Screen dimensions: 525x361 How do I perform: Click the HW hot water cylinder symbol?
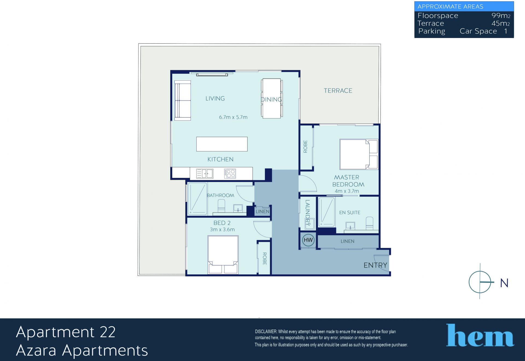pos(308,240)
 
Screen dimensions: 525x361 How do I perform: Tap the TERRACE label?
pos(338,91)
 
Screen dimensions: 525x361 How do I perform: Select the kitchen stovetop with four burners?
pos(230,174)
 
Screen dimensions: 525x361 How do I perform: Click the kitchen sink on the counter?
pos(205,174)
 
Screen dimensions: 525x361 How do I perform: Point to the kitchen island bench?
pos(222,144)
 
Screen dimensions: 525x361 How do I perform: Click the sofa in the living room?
pos(183,101)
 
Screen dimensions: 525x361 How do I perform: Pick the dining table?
pos(272,98)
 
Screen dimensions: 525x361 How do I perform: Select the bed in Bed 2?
pos(223,255)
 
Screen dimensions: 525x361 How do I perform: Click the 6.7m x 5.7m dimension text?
pos(233,117)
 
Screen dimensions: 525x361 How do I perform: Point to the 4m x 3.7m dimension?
pos(347,191)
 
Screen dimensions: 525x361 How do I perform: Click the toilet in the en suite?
pos(369,223)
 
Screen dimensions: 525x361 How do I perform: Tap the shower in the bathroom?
pos(197,199)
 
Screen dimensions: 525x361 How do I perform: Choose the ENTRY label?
pos(375,265)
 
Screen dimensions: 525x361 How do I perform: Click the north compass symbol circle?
pos(480,282)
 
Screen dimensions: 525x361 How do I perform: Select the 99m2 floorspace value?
pos(501,16)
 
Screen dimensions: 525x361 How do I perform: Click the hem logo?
pos(480,335)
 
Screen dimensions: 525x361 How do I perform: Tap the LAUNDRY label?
pos(308,213)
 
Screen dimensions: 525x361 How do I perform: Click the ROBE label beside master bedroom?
pos(305,146)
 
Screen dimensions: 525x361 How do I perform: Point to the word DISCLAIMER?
pos(266,331)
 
